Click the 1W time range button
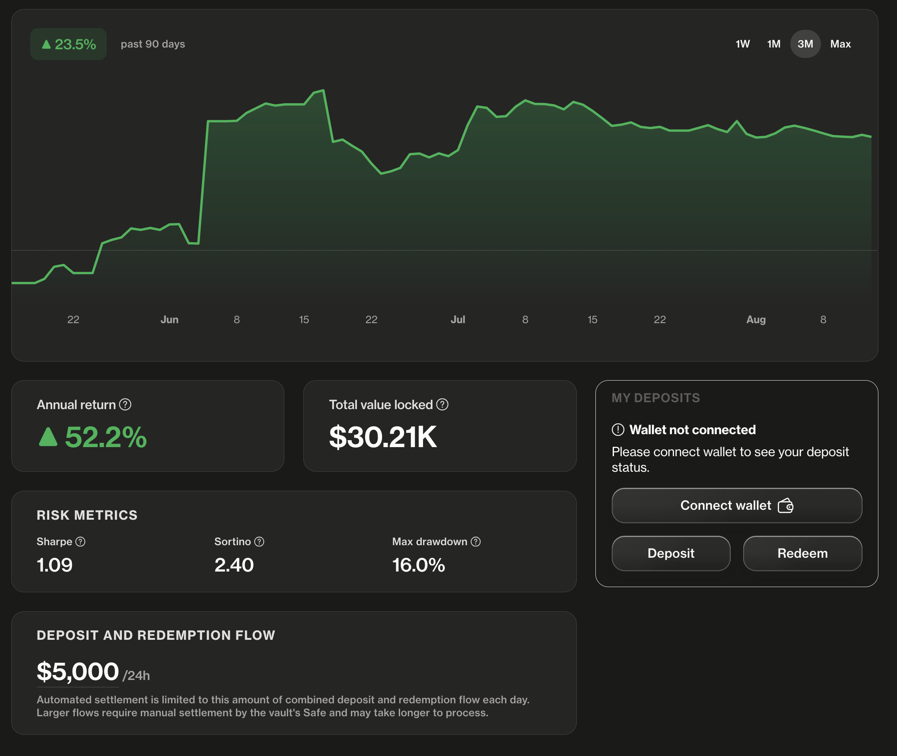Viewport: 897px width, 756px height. click(742, 44)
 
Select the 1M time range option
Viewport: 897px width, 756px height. click(773, 44)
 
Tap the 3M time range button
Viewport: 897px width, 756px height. click(805, 44)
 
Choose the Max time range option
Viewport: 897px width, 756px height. click(840, 44)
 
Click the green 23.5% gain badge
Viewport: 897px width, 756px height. click(68, 44)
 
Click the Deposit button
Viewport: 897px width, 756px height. click(671, 553)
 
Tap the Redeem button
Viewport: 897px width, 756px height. click(802, 553)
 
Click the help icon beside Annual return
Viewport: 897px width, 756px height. click(125, 404)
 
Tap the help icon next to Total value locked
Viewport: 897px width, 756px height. click(442, 404)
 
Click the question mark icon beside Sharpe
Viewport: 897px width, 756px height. click(80, 542)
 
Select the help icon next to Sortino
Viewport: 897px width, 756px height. click(259, 542)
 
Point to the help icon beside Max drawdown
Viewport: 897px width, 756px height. click(476, 542)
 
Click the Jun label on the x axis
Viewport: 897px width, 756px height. click(169, 320)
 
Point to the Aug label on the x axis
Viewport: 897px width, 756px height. click(756, 320)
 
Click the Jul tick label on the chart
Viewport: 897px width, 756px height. click(458, 320)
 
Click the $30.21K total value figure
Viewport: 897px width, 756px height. click(383, 437)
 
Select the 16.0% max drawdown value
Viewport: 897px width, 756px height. click(419, 565)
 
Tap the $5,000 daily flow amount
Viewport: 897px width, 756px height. click(78, 672)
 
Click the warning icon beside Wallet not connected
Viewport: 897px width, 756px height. click(618, 430)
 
